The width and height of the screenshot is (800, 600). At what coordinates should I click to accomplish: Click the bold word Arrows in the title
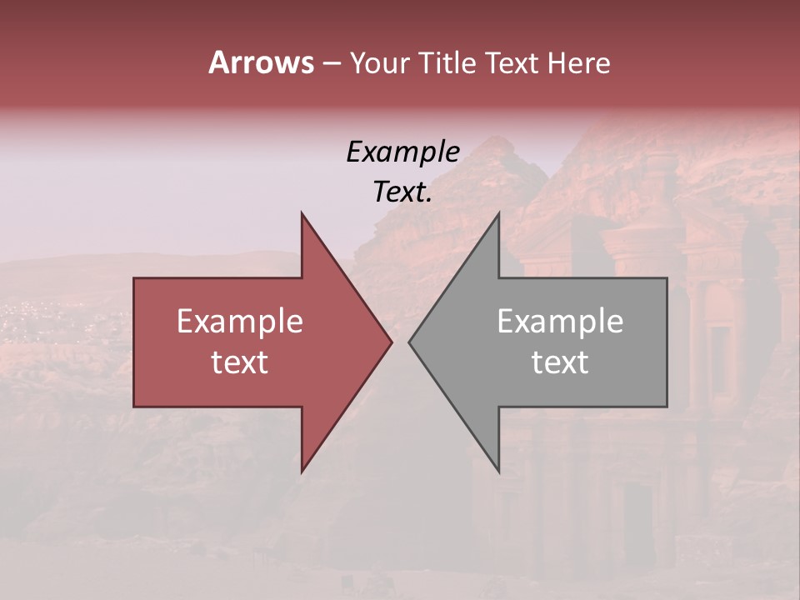point(261,62)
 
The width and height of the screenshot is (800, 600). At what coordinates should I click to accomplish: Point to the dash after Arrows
point(331,63)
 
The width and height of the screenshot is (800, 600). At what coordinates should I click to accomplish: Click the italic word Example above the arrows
point(402,152)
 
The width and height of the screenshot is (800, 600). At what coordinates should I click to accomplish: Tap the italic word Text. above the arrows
point(402,192)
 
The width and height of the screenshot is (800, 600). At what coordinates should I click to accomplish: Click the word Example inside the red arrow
point(240,322)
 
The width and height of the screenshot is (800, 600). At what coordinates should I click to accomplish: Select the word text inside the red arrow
point(240,362)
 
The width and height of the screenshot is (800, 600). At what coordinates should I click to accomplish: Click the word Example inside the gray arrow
point(560,322)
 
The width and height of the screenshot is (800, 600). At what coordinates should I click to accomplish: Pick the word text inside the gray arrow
point(560,362)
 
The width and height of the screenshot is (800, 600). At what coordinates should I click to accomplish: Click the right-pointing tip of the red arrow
point(391,342)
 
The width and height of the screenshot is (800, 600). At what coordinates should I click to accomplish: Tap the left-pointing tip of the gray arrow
point(410,342)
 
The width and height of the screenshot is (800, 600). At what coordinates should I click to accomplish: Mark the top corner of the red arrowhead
point(302,213)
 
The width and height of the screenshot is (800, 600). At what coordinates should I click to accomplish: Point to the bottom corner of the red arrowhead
point(302,472)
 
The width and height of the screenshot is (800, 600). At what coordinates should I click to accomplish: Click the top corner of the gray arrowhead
point(498,213)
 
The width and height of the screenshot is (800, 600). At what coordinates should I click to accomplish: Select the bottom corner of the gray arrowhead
point(498,472)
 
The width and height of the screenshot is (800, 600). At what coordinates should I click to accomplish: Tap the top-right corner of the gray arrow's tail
point(667,278)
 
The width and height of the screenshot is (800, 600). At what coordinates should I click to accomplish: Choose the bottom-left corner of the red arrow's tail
point(134,407)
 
